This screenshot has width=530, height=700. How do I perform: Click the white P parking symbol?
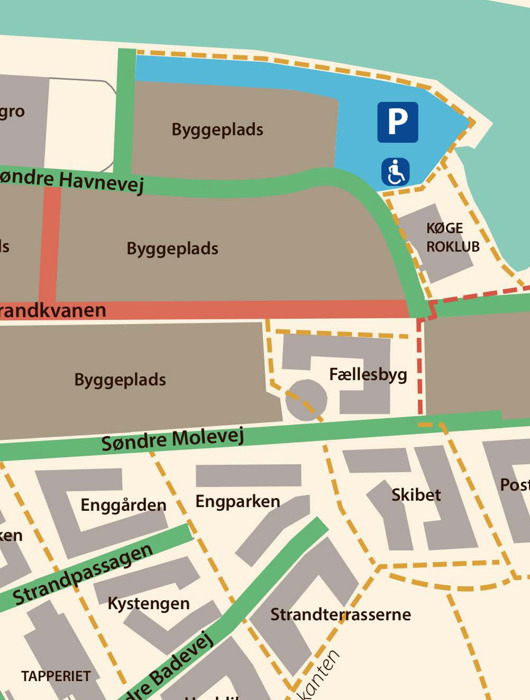tap(397, 122)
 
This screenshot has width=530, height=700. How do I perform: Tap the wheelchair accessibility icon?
tap(395, 172)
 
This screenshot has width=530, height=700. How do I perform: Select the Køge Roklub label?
tap(444, 236)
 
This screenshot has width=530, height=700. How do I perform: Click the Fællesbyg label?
tap(367, 375)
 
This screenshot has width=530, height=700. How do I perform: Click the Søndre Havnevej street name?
tap(74, 180)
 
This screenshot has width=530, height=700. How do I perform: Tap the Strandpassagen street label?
tap(84, 577)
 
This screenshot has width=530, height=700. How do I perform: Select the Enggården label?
tap(123, 505)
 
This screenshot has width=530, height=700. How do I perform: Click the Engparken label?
tap(238, 501)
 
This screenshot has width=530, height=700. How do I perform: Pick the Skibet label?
tap(416, 495)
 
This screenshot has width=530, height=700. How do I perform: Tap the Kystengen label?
tap(148, 604)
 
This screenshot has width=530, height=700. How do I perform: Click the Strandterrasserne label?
tap(341, 614)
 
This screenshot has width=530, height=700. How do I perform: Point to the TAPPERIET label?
tap(55, 675)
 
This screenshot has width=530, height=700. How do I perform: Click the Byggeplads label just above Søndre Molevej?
tap(120, 380)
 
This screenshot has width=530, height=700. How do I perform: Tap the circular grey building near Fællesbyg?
tap(306, 400)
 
